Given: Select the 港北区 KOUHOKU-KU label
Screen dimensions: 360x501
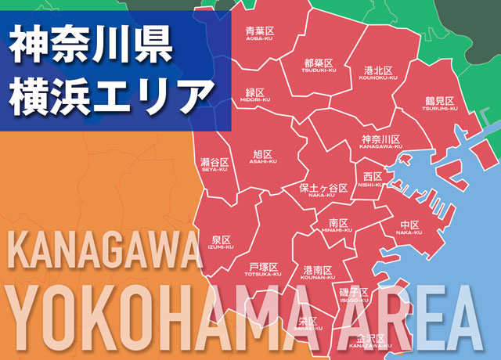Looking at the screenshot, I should (380, 73).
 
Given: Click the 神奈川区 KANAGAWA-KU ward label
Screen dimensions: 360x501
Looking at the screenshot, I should (380, 142).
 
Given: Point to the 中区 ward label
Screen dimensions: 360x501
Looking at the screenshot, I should (409, 228).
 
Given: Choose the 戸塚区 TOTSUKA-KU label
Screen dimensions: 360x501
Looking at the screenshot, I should (265, 269).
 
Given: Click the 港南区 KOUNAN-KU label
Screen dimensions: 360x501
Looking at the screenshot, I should (317, 272).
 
